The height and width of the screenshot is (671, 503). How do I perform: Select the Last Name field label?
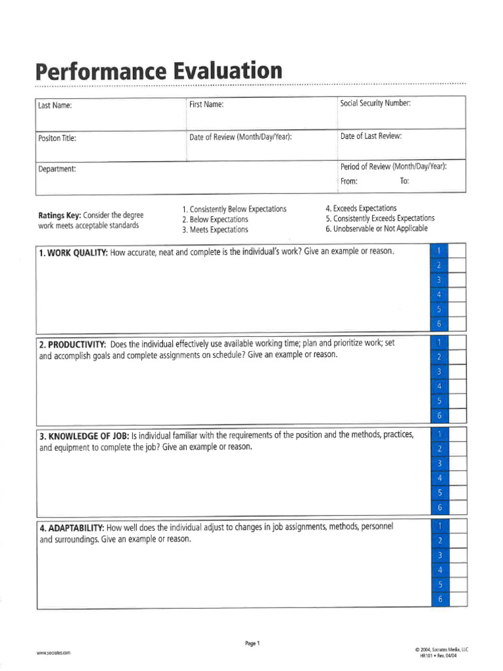click(x=55, y=106)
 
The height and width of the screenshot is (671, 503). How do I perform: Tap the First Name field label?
click(x=206, y=104)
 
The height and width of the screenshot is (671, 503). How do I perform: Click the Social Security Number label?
click(x=375, y=103)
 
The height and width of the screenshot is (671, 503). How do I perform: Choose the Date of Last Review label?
click(x=371, y=136)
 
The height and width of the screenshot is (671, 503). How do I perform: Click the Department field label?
click(x=58, y=169)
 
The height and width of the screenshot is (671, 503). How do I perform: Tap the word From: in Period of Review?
click(x=349, y=182)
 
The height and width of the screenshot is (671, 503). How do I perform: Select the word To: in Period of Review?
click(x=404, y=182)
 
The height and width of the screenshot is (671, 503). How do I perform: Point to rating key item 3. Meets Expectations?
click(x=215, y=230)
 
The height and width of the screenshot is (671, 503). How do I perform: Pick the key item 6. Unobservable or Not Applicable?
click(x=376, y=229)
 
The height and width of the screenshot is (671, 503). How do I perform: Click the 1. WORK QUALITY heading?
click(x=73, y=253)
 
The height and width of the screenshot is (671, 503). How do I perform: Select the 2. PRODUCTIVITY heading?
click(x=72, y=344)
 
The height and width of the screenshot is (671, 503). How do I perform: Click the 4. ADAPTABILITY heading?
click(x=71, y=527)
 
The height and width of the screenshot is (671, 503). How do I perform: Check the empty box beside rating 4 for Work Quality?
click(x=457, y=295)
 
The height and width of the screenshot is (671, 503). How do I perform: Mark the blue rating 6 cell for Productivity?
click(x=439, y=415)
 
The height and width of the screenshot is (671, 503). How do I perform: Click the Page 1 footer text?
click(x=252, y=643)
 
